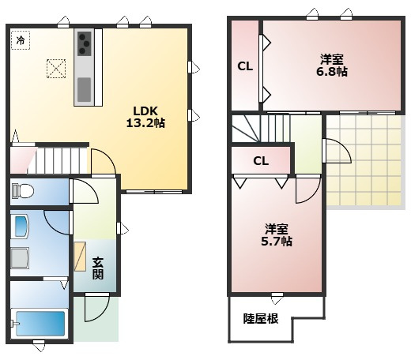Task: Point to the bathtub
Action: (x=40, y=324)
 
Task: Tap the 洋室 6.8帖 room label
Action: (x=333, y=65)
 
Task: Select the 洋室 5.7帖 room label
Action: (x=277, y=235)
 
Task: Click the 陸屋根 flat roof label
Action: (x=260, y=319)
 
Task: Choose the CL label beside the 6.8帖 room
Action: (x=245, y=66)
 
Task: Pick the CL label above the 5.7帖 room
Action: (x=261, y=161)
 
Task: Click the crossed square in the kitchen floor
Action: (x=56, y=69)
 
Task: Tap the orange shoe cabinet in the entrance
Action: (x=81, y=257)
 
